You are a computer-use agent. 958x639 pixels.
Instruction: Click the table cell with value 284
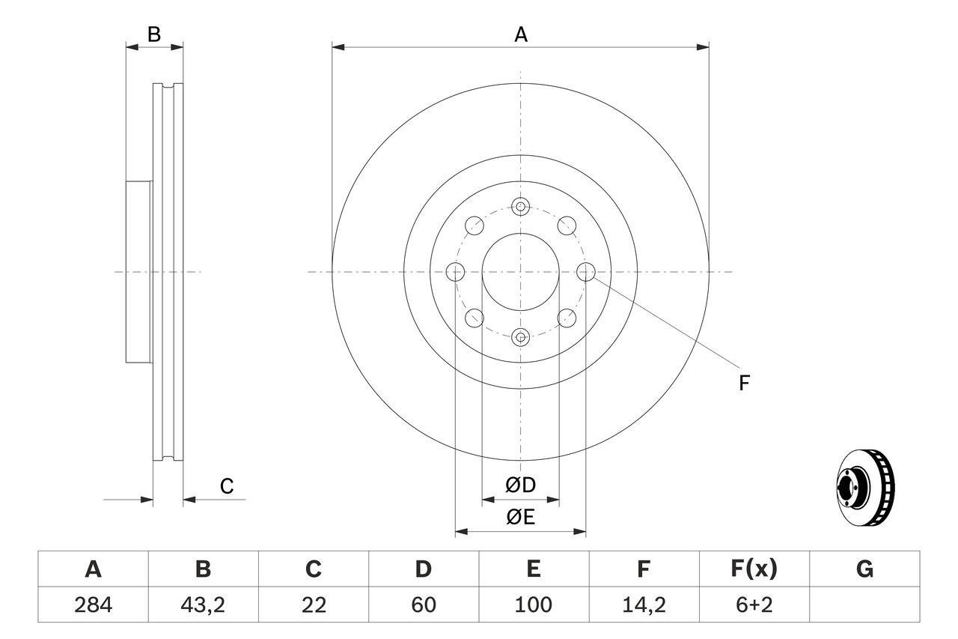coord(93,605)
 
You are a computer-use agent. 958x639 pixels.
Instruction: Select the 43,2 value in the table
coord(203,605)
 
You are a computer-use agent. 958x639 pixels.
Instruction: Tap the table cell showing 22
coord(313,605)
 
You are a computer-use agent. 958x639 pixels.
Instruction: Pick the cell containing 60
coord(424,605)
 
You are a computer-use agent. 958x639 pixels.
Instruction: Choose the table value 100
coord(533,605)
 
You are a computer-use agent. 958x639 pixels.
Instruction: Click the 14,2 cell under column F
coord(643,605)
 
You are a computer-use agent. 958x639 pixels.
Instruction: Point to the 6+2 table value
coord(753,605)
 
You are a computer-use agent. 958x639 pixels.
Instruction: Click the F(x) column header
coord(753,569)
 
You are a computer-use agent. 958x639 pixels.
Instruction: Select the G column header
coord(864,569)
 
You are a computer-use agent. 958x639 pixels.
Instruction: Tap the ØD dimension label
coord(521,485)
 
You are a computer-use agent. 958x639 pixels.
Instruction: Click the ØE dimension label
coord(521,518)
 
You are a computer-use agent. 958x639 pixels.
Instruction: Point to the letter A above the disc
coord(521,34)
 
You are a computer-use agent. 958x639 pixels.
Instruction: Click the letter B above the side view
coord(153,34)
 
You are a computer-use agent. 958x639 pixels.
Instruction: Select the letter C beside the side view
coord(227,486)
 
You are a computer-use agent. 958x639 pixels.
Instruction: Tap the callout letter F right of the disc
coord(744,384)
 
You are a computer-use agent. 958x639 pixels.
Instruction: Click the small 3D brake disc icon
coord(864,487)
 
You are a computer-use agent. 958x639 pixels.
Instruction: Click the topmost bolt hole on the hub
coord(521,206)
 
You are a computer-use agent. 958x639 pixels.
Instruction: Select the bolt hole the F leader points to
coord(586,271)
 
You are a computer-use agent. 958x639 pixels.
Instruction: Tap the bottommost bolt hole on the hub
coord(521,337)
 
